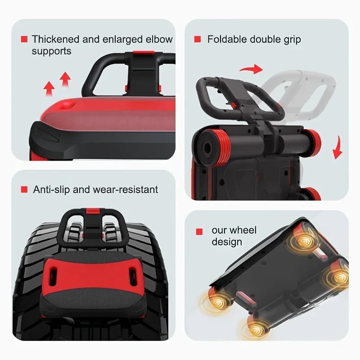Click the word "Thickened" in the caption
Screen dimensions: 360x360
coord(55,39)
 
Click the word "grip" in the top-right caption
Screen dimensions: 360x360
coord(292,40)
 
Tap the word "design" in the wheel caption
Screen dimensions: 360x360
coord(227,242)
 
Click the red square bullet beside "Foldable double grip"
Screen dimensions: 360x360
coord(198,39)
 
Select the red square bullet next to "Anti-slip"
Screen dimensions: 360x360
coord(24,189)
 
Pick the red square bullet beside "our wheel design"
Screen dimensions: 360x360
coord(199,232)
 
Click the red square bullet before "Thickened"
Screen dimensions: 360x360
coord(24,39)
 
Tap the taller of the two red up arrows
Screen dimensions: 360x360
coord(65,79)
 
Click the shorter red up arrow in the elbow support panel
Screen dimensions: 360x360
coord(49,89)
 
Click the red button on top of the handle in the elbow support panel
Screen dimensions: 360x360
coord(144,53)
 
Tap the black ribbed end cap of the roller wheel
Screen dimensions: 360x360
coord(207,148)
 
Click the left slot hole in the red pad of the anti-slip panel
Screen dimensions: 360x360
coord(53,277)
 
